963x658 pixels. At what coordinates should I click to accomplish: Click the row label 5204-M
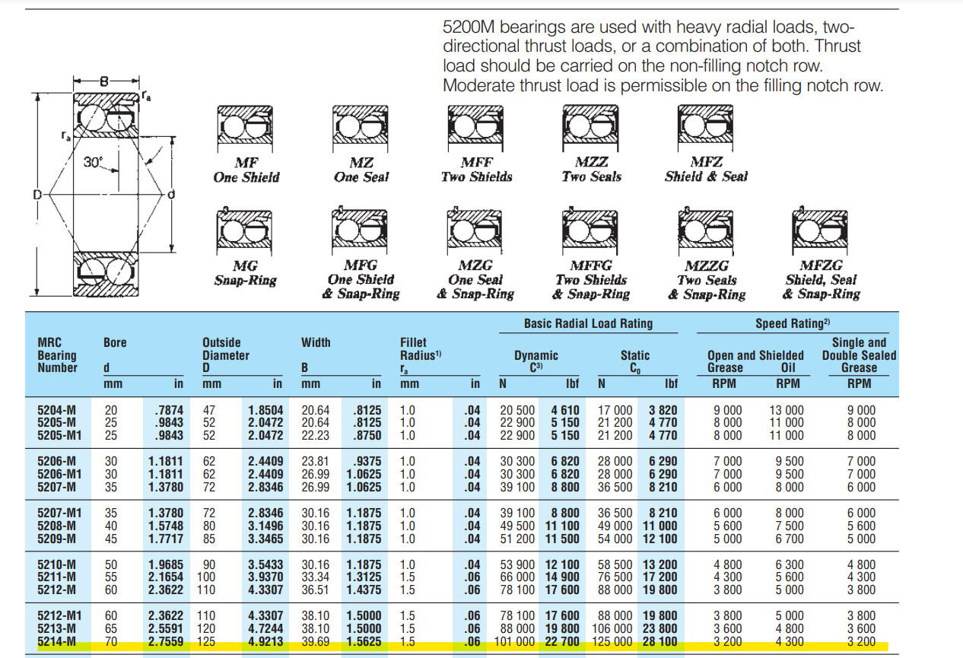(56, 410)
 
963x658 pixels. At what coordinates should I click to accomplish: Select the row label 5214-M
(56, 642)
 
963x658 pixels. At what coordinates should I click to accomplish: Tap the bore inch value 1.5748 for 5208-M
(166, 526)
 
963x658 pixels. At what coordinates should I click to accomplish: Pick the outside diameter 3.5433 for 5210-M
(265, 564)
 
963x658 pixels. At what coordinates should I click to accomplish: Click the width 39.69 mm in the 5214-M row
(315, 642)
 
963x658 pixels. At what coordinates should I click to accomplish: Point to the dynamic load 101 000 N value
(514, 642)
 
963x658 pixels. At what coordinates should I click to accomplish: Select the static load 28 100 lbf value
(660, 642)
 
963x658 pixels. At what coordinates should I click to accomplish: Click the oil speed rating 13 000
(787, 410)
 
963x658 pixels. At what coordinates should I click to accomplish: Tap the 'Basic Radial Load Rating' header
(588, 323)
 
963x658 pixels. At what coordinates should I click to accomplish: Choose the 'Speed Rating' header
(793, 323)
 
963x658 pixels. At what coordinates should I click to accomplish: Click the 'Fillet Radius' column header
(421, 349)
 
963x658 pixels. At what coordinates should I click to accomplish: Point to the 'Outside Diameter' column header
(226, 349)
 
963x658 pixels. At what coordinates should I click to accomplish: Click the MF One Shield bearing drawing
(245, 128)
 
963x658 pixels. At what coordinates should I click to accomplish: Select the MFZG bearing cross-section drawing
(820, 231)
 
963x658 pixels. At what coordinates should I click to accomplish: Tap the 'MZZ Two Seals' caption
(592, 169)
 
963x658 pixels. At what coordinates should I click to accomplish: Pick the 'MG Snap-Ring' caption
(246, 272)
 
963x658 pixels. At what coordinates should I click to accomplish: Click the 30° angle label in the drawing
(93, 162)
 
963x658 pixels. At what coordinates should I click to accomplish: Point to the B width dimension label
(104, 81)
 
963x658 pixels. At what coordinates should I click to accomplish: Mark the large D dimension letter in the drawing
(37, 195)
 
